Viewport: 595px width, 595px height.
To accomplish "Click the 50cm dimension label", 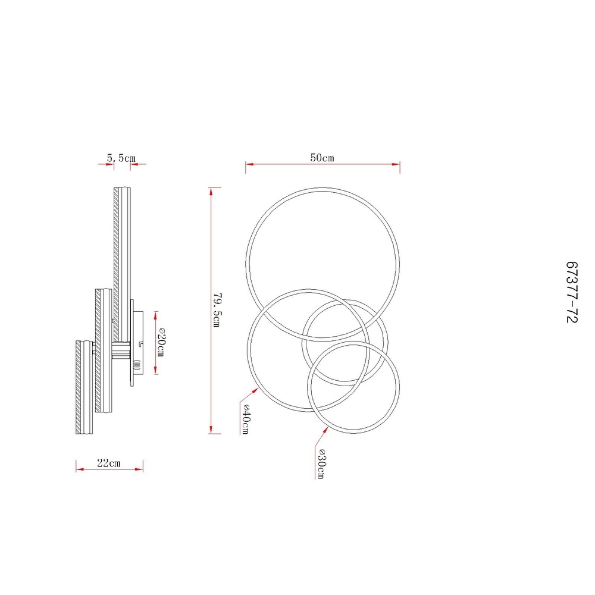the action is click(x=322, y=158).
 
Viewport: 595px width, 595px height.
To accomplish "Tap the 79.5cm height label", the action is click(x=217, y=309).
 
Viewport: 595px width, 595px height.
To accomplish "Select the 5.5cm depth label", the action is click(x=121, y=158).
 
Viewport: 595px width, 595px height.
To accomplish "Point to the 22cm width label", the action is click(x=108, y=463).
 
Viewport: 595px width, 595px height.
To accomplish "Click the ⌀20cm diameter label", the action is click(x=160, y=342).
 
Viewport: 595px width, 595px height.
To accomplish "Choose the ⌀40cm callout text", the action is click(x=245, y=419).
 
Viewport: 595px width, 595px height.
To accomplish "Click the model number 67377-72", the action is click(x=571, y=292).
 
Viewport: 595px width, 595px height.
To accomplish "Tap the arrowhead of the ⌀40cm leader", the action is click(x=255, y=390).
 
